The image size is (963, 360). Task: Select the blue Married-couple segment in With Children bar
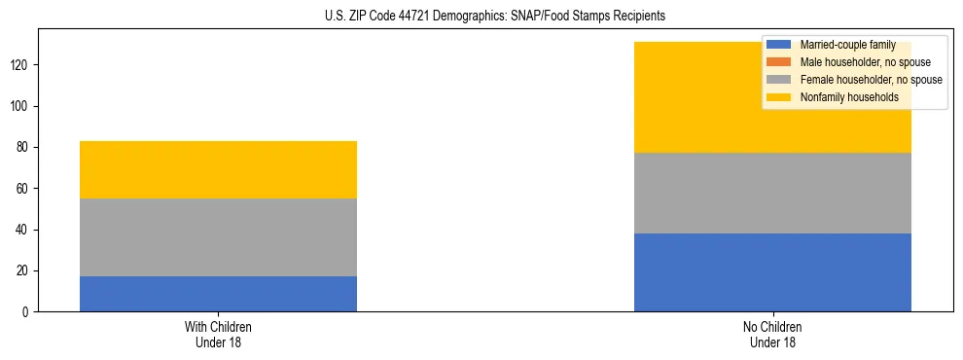pos(218,294)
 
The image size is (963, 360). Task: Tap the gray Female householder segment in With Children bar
pos(218,237)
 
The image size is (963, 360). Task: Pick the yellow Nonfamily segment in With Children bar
pos(218,169)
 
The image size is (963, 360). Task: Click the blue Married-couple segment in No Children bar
pos(772,272)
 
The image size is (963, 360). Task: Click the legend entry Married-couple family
pos(847,45)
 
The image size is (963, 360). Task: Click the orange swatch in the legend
pos(779,62)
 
